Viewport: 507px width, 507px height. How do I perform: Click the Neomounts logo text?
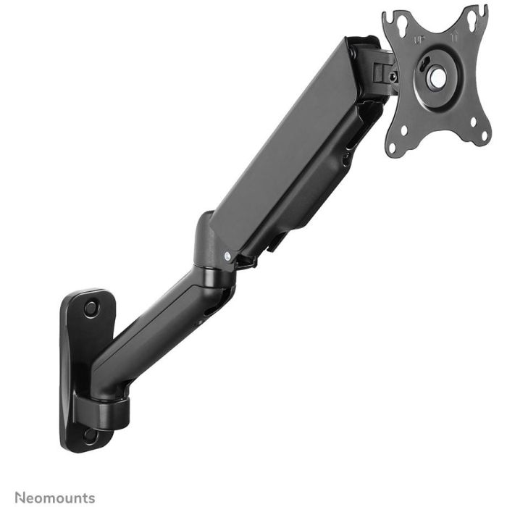coord(54,498)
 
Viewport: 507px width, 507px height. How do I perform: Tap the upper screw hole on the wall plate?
coord(91,308)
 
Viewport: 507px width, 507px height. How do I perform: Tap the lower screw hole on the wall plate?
coord(90,436)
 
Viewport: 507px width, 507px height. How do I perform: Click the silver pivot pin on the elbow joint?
coord(227,256)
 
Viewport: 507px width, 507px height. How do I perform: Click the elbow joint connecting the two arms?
coord(214,253)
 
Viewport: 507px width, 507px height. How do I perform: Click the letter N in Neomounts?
coord(20,498)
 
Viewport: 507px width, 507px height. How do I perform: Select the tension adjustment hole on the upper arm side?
coord(348,156)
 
